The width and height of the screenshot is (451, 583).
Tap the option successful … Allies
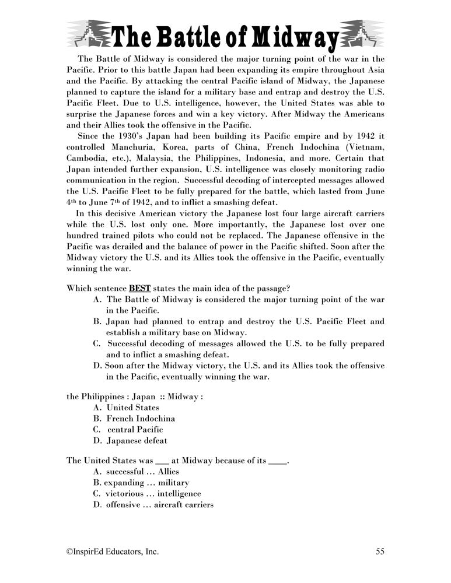point(142,471)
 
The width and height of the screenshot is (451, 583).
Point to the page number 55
point(380,550)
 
